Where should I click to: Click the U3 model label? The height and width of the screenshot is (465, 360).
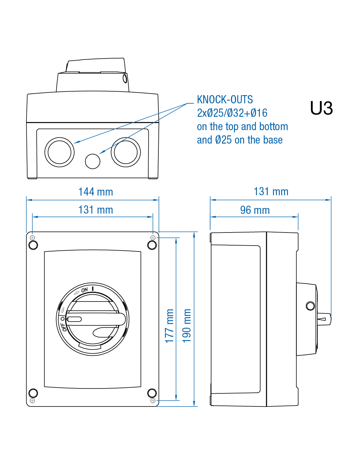pyautogui.click(x=321, y=108)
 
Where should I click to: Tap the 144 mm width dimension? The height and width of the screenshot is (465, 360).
pyautogui.click(x=96, y=192)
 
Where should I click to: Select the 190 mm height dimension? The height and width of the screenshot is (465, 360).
pyautogui.click(x=187, y=325)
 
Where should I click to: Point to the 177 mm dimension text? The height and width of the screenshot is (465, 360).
pyautogui.click(x=170, y=326)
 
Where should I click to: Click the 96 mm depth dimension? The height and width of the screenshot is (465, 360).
pyautogui.click(x=255, y=210)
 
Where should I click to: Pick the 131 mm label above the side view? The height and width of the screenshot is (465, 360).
pyautogui.click(x=271, y=192)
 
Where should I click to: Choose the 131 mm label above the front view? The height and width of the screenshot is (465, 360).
pyautogui.click(x=96, y=210)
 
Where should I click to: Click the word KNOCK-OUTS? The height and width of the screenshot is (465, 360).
pyautogui.click(x=225, y=99)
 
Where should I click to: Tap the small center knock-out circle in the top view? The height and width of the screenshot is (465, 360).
pyautogui.click(x=93, y=161)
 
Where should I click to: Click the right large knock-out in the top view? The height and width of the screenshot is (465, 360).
pyautogui.click(x=126, y=152)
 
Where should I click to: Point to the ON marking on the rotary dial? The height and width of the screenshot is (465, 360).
pyautogui.click(x=84, y=290)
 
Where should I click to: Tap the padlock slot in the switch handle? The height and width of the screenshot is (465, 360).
pyautogui.click(x=74, y=319)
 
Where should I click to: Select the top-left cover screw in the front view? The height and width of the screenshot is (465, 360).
pyautogui.click(x=33, y=245)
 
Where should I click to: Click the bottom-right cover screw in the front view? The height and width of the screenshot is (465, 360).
pyautogui.click(x=152, y=393)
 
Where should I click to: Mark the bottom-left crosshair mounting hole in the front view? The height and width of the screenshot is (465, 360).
pyautogui.click(x=32, y=401)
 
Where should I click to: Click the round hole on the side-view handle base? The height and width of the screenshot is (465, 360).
pyautogui.click(x=310, y=306)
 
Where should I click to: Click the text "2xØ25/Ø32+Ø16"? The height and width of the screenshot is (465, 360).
pyautogui.click(x=232, y=113)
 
